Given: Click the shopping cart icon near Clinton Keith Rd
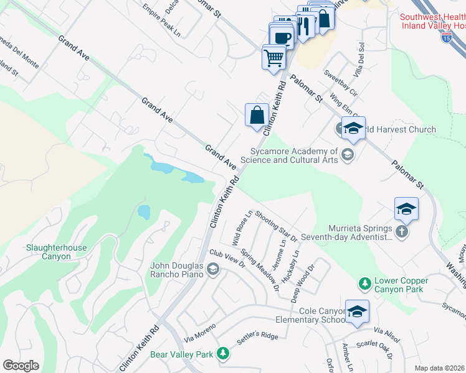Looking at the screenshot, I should (274, 58).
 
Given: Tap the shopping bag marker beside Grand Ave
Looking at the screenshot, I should (257, 115).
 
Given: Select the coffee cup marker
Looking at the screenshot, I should (282, 37).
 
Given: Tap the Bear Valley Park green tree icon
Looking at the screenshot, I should (222, 354).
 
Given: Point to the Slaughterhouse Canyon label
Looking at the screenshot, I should (57, 252).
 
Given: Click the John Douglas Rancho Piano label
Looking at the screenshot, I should (179, 270).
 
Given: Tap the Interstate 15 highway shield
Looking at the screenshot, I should (446, 38).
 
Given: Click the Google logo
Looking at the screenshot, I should (21, 366).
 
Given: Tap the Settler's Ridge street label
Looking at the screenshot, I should (257, 339).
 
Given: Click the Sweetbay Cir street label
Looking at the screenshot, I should (340, 83).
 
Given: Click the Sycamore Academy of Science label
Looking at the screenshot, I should (294, 155).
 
